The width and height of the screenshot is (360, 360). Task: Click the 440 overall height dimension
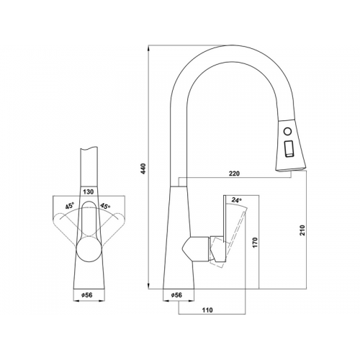(x=143, y=168)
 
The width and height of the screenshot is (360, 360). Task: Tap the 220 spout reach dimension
(x=234, y=174)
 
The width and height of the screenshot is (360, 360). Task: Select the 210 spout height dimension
(x=302, y=230)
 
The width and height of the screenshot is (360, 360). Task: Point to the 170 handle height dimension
(x=255, y=243)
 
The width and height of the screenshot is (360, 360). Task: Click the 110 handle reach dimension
(x=207, y=310)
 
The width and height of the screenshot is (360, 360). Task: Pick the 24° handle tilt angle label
(x=236, y=200)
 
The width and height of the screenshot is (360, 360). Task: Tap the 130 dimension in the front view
(x=89, y=192)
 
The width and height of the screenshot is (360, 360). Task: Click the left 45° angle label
(x=70, y=206)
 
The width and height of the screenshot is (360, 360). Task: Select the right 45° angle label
(x=105, y=206)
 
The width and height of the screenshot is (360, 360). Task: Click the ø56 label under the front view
(x=87, y=294)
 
